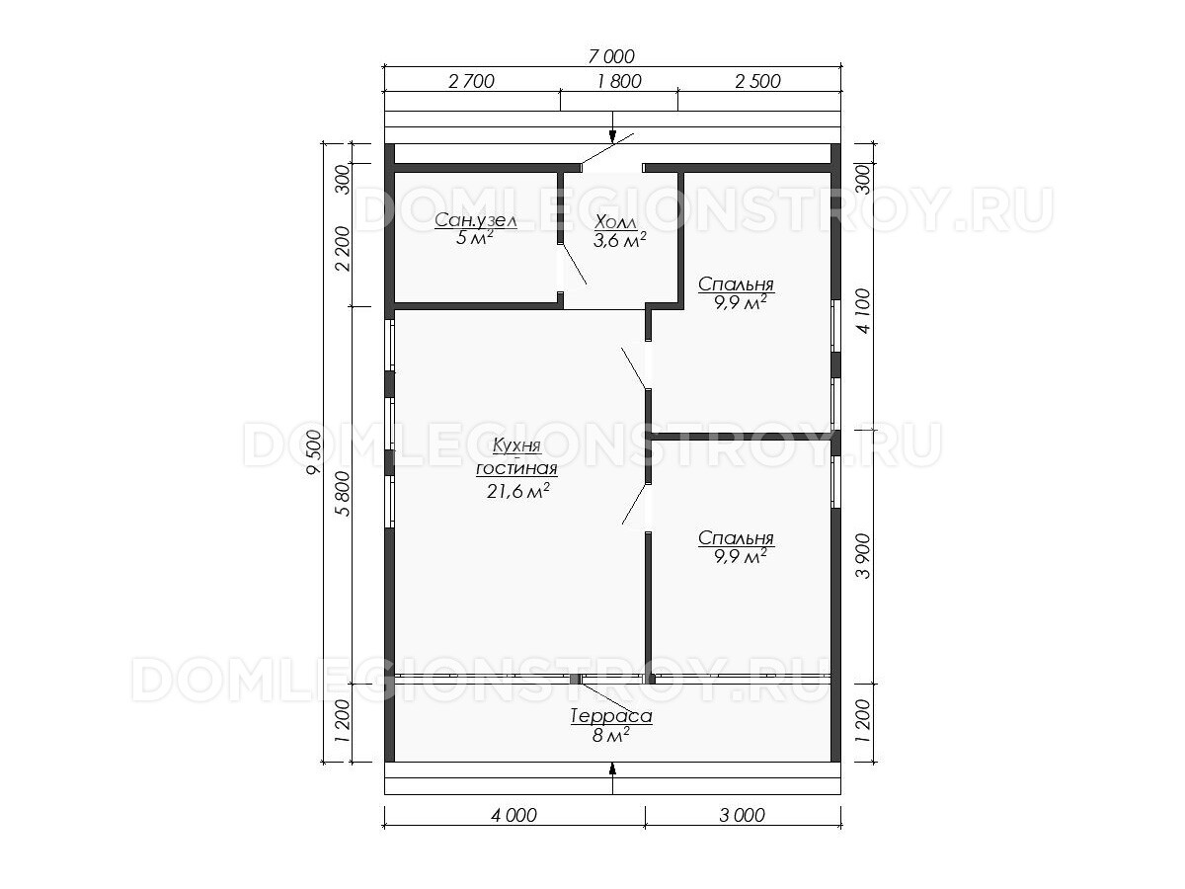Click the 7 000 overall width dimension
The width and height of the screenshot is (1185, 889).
pyautogui.click(x=611, y=56)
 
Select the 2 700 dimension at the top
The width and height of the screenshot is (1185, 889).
pyautogui.click(x=471, y=82)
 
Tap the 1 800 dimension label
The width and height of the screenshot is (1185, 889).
pyautogui.click(x=619, y=82)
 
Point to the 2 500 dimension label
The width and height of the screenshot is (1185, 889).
pyautogui.click(x=757, y=82)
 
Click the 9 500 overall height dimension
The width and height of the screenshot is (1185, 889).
pyautogui.click(x=314, y=451)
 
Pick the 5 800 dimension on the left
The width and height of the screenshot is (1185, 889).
pyautogui.click(x=344, y=494)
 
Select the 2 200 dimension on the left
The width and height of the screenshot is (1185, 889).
pyautogui.click(x=344, y=249)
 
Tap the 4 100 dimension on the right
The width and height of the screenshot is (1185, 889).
pyautogui.click(x=863, y=311)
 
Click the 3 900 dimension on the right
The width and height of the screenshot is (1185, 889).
pyautogui.click(x=863, y=556)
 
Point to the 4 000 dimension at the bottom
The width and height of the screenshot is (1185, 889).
pyautogui.click(x=513, y=815)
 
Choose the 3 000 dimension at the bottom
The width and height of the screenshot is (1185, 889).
pyautogui.click(x=742, y=815)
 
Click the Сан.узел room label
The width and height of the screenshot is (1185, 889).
pyautogui.click(x=476, y=220)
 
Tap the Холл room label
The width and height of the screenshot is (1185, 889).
pyautogui.click(x=615, y=222)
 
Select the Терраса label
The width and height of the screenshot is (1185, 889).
pyautogui.click(x=611, y=716)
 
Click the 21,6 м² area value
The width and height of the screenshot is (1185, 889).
pyautogui.click(x=518, y=491)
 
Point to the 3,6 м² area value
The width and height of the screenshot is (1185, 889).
pyautogui.click(x=620, y=240)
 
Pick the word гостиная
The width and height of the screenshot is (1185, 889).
pyautogui.click(x=516, y=468)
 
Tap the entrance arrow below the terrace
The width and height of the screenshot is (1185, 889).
pyautogui.click(x=612, y=778)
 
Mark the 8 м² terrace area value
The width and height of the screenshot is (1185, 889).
pyautogui.click(x=611, y=735)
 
